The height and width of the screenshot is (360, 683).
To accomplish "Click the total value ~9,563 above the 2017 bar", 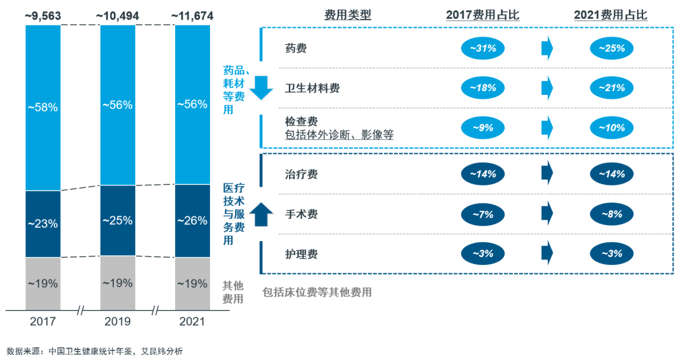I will coord(43,16).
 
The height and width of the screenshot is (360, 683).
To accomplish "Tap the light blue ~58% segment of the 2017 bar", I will coord(43,108).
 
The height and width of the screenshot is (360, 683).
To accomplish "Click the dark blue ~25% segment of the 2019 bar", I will coord(118,220).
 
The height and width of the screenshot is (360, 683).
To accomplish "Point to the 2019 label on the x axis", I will coord(118,321).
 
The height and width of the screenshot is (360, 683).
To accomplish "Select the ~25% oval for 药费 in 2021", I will coord(611,48).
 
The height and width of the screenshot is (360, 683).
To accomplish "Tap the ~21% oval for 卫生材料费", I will coord(611,88).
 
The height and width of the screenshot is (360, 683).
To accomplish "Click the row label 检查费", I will coord(301,121).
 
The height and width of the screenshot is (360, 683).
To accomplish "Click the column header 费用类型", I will coord(347,15).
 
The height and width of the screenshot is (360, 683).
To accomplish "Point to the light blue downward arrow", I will coord(261,88).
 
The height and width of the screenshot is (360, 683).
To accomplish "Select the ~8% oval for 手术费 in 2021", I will coord(611,214).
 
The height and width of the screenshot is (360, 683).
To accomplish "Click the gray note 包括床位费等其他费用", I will coord(317,292).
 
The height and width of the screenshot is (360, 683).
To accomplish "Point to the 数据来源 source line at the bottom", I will coord(94,351).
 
